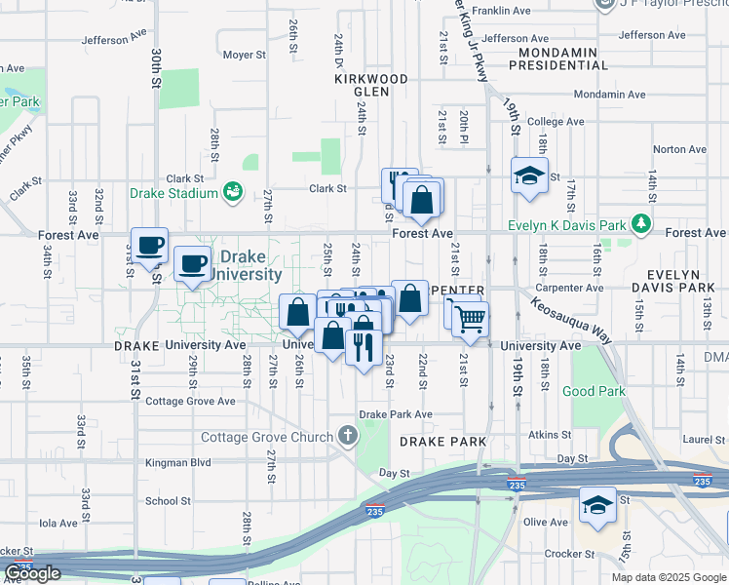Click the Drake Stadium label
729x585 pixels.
click(x=173, y=193)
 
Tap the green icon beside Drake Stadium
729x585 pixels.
click(x=233, y=192)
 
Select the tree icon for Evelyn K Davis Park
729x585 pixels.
click(x=641, y=224)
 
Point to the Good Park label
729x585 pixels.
click(x=594, y=392)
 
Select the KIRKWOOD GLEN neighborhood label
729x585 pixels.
click(x=370, y=85)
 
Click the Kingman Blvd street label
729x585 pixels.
click(x=178, y=463)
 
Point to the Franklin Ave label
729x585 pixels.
click(x=510, y=11)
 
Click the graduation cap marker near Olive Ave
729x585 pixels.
click(x=597, y=506)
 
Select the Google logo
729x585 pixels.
click(x=33, y=573)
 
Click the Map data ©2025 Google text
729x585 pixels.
click(x=669, y=577)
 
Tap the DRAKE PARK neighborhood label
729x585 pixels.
click(x=442, y=442)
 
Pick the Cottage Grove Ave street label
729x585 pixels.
click(x=190, y=401)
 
